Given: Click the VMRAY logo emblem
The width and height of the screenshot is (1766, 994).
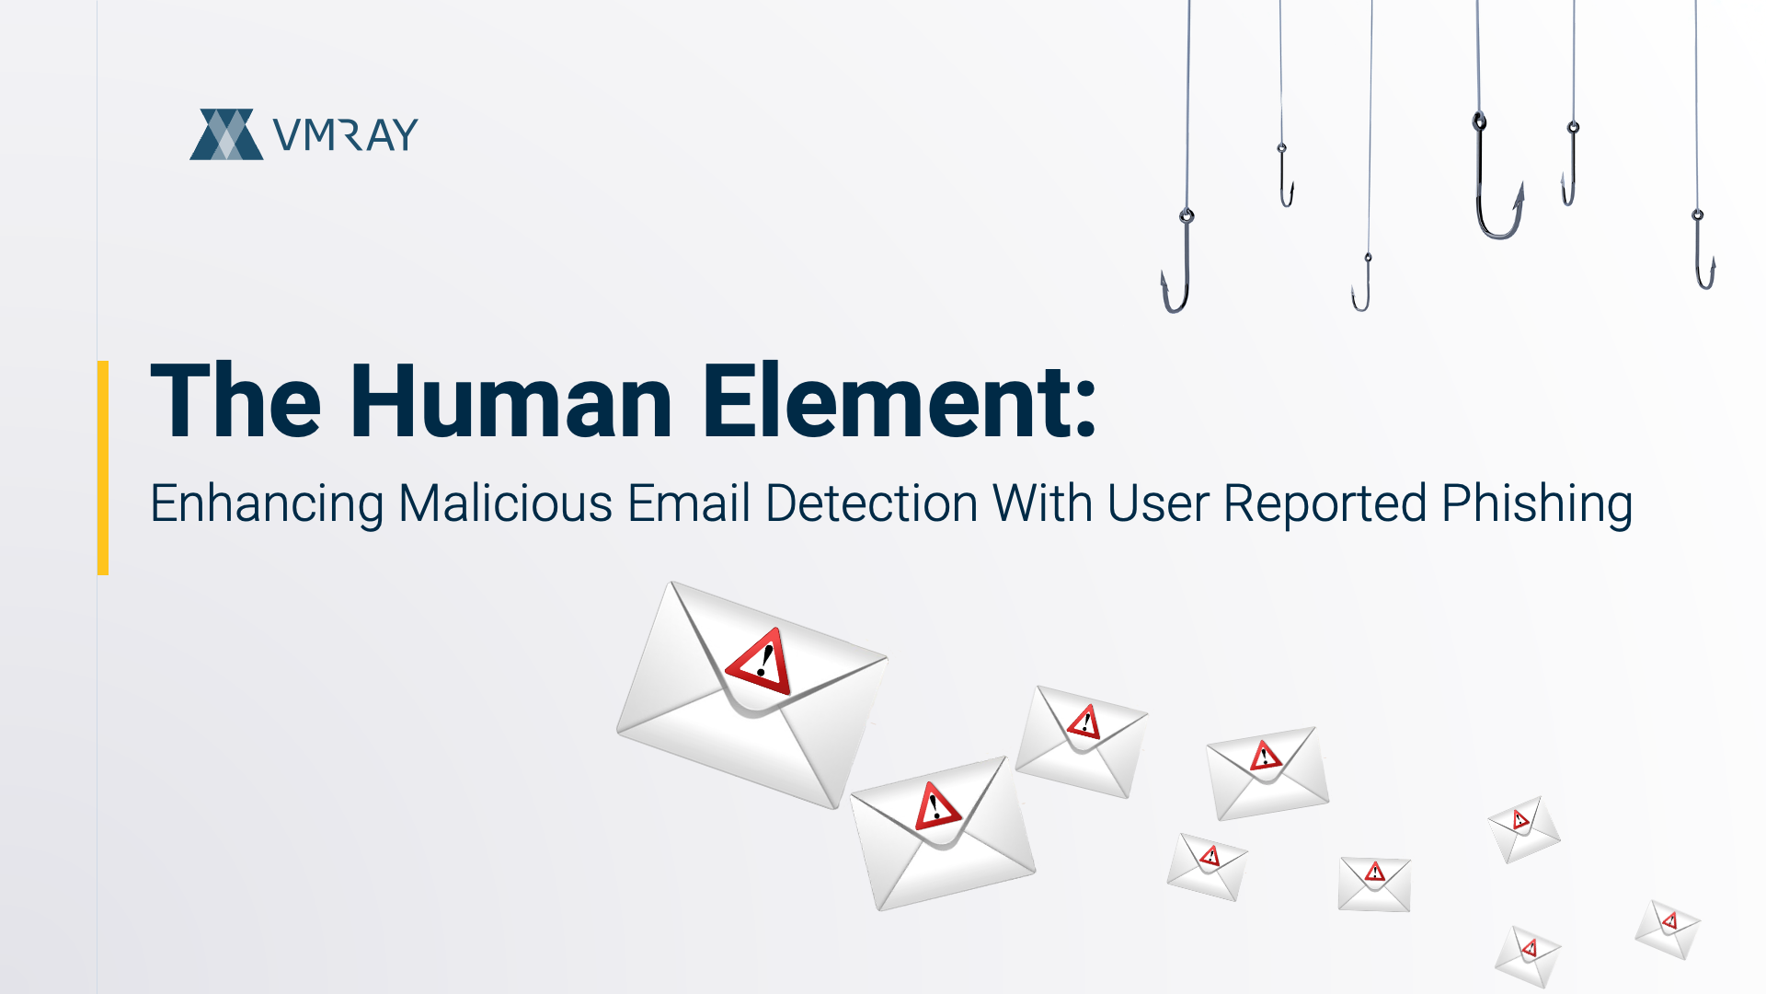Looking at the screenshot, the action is [226, 134].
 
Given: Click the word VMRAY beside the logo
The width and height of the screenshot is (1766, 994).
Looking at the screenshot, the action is [346, 135].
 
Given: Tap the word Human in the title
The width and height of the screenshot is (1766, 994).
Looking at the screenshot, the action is [511, 401].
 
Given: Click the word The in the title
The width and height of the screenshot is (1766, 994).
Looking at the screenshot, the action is [236, 401].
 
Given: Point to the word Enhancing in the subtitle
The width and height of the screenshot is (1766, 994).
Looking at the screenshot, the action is [267, 504].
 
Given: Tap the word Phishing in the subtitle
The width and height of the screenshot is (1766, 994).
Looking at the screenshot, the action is [1537, 504].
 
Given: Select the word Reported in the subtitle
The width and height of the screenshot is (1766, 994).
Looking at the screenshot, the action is [1324, 504].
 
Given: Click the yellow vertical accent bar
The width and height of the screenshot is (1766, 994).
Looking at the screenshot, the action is [103, 468].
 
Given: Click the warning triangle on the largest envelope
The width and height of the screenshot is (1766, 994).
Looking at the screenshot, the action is [761, 661].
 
